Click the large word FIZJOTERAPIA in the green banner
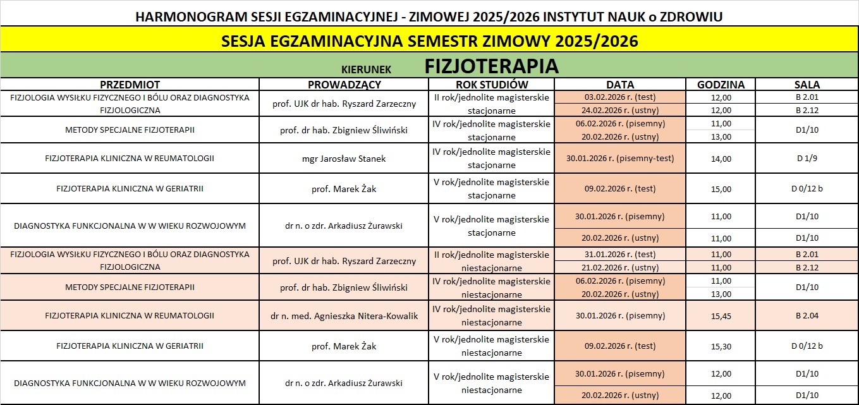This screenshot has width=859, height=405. click(x=491, y=66)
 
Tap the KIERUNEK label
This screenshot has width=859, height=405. click(x=366, y=69)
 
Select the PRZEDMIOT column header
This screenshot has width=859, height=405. click(x=130, y=85)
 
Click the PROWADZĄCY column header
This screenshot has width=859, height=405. click(x=344, y=85)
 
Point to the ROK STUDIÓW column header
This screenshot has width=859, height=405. click(x=491, y=85)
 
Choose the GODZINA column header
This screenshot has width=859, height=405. click(x=721, y=85)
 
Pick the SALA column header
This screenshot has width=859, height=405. click(x=807, y=85)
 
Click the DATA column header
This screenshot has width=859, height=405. click(x=619, y=85)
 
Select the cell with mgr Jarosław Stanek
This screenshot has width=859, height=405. click(x=344, y=159)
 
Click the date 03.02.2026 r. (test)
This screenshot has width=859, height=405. click(x=619, y=97)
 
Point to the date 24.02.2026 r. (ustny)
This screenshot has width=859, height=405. click(x=619, y=111)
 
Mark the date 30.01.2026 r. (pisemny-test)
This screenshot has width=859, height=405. click(x=619, y=159)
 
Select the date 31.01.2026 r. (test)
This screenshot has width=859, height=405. click(x=619, y=255)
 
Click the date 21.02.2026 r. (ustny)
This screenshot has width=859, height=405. click(x=619, y=267)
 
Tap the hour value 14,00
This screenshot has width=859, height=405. click(x=721, y=159)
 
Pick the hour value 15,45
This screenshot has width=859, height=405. click(x=721, y=316)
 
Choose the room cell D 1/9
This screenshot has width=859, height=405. click(x=807, y=159)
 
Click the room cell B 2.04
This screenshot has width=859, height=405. click(x=807, y=316)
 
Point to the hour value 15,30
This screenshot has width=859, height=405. click(x=721, y=346)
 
